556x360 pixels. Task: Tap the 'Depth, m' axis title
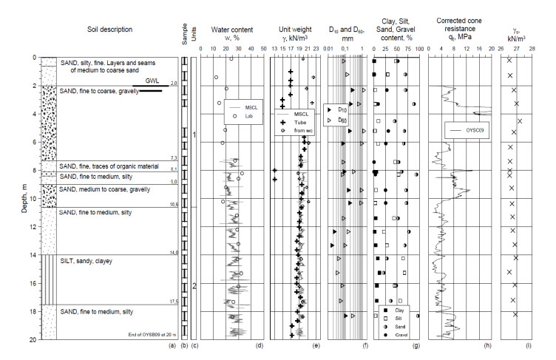pyautogui.click(x=8, y=197)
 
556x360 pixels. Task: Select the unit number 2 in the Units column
pyautogui.click(x=194, y=285)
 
